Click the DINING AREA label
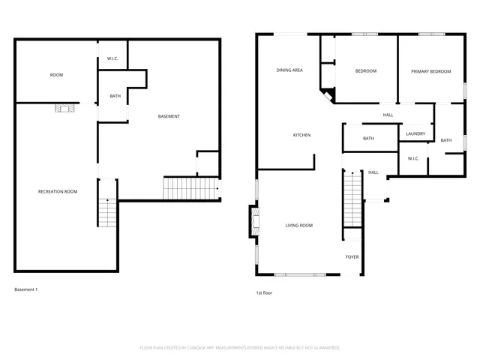[x=289, y=70]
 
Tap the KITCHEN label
[x=301, y=135]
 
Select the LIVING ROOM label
[x=298, y=225]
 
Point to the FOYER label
[x=352, y=257]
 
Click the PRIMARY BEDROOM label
[x=431, y=71]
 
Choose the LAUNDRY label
[x=415, y=134]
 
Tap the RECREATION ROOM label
[x=58, y=192]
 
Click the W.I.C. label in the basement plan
[x=112, y=58]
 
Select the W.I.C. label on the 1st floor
[x=413, y=158]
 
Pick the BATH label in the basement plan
[x=115, y=96]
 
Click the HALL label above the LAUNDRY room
[x=388, y=115]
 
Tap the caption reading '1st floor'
[x=265, y=292]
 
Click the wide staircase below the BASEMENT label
[x=189, y=188]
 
